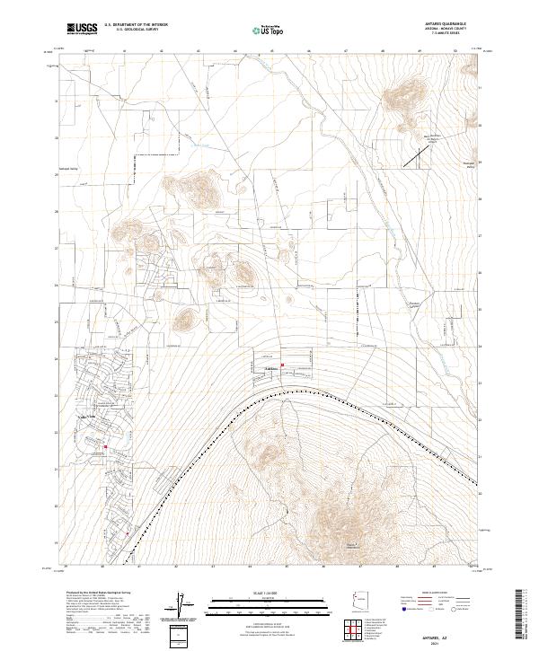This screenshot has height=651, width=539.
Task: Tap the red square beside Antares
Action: (x=283, y=365)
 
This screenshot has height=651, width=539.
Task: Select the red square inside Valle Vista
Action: (x=105, y=446)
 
